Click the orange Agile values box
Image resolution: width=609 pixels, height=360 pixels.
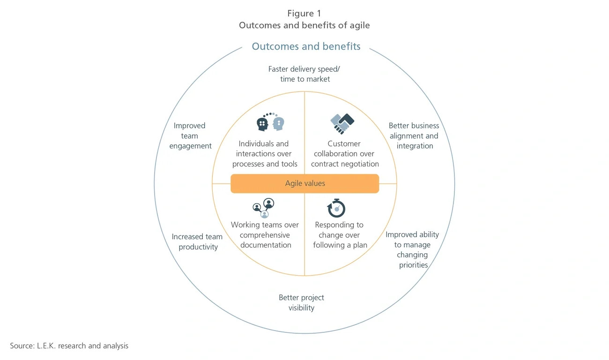tap(304, 184)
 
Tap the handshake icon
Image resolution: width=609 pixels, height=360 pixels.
tap(342, 124)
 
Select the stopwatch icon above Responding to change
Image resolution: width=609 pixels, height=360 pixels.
tap(336, 208)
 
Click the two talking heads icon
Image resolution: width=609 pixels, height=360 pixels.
tap(271, 122)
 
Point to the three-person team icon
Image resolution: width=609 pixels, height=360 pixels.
tap(264, 208)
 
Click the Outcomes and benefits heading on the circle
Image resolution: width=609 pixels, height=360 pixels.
tap(306, 46)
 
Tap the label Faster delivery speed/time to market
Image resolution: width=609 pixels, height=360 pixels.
tap(304, 74)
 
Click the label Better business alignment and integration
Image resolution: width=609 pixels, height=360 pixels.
tap(414, 136)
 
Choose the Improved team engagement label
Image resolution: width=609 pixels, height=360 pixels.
tap(190, 136)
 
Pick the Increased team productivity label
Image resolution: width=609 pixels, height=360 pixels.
tap(197, 242)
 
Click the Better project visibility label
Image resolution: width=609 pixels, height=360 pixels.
tap(301, 302)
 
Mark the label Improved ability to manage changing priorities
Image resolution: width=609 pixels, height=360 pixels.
tap(412, 250)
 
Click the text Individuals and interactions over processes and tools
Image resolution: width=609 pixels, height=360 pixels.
tap(265, 154)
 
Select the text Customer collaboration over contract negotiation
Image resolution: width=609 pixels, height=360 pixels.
tap(345, 154)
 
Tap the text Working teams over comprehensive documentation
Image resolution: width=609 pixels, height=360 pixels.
tap(265, 235)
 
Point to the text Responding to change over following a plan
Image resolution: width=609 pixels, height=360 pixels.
tap(340, 235)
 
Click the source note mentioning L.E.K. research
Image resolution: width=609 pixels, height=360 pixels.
tap(69, 346)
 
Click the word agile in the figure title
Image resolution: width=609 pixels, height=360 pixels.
tap(359, 25)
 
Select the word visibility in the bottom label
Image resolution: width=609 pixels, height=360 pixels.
tap(301, 308)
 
